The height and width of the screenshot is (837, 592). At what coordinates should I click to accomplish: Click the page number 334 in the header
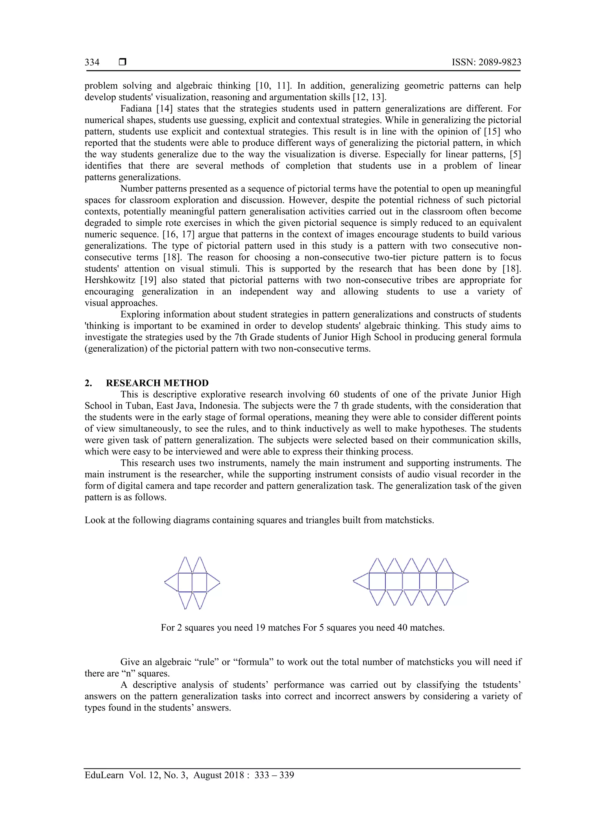[92, 62]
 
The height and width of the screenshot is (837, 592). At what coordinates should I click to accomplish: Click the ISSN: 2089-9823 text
[486, 62]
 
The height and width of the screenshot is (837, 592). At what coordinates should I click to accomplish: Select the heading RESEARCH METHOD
[157, 383]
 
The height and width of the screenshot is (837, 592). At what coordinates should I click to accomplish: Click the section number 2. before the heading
[88, 383]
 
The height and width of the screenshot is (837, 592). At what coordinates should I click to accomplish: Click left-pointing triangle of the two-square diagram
[172, 582]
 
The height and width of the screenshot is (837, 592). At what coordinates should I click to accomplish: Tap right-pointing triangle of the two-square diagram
[213, 582]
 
